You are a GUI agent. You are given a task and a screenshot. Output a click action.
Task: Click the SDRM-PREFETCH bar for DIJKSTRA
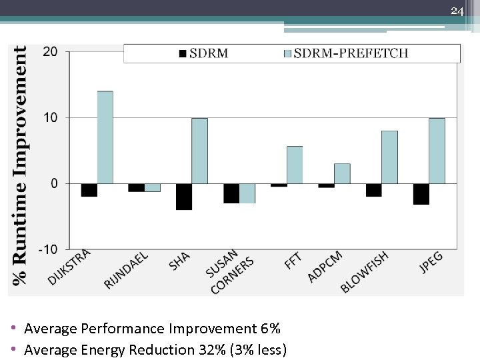pos(105,137)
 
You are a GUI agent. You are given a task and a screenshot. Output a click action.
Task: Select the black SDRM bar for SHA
pos(184,197)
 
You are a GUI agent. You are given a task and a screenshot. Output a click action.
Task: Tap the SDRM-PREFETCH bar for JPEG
pos(437,151)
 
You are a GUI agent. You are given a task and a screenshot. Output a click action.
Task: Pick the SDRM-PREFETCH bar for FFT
pos(295,165)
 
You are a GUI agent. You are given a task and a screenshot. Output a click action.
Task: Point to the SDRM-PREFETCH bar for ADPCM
pos(342,173)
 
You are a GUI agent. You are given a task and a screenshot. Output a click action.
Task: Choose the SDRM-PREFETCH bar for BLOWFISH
pos(389,157)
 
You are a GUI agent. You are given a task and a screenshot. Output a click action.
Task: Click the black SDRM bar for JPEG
pos(421,194)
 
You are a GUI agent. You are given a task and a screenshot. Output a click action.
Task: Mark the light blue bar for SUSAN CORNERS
pos(247,193)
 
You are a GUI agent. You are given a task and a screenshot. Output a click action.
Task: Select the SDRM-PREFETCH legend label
pos(351,53)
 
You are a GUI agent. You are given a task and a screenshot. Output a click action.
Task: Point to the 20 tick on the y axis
pos(51,52)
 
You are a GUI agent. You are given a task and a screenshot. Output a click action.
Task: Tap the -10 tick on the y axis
pos(48,249)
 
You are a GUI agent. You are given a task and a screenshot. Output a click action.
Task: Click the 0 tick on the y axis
pos(54,183)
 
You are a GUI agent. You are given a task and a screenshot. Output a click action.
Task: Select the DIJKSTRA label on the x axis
pos(69,267)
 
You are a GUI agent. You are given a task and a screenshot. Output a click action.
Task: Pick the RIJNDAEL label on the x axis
pos(126,270)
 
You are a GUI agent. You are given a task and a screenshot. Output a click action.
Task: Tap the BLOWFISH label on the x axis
pos(364,271)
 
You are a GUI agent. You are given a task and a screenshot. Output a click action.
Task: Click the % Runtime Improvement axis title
pos(20,163)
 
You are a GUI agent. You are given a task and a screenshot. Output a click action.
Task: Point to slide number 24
pos(457,11)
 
